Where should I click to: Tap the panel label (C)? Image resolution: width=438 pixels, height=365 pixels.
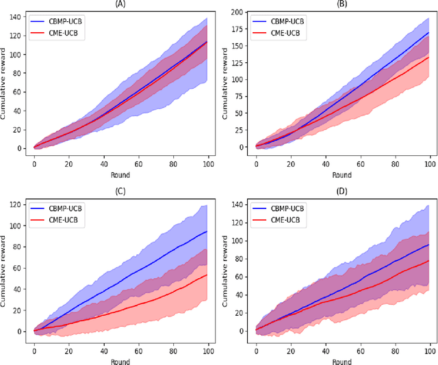(x=120, y=191)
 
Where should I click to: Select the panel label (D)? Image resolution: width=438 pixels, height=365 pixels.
(x=343, y=191)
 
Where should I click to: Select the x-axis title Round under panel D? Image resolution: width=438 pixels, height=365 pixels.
(x=343, y=362)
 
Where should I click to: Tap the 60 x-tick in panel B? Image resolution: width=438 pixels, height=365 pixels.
(x=360, y=164)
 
